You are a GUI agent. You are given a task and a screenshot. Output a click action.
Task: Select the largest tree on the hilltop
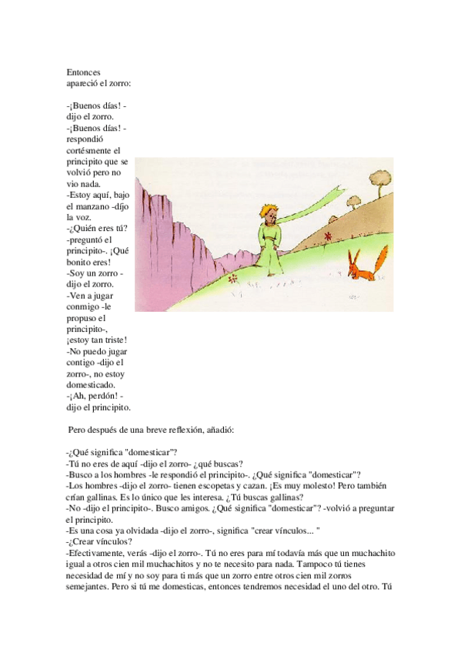click(380, 177)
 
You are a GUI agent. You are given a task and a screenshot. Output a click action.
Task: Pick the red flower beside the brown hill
click(328, 236)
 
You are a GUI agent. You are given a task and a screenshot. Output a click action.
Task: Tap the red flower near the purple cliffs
click(233, 280)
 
